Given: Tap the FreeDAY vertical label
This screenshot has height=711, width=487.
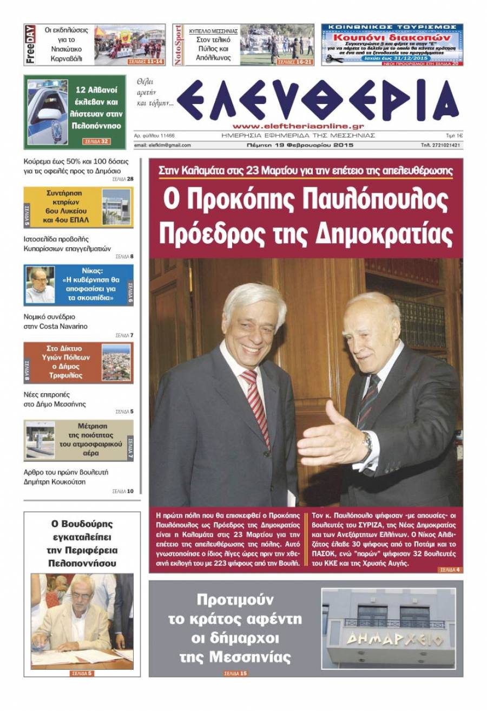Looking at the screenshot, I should tap(30, 45).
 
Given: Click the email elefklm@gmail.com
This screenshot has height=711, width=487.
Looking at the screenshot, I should tap(162, 145).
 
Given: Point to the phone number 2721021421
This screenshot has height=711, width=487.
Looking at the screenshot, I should tap(441, 145).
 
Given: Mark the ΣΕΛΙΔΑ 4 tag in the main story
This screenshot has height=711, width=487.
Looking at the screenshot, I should tap(450, 570).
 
